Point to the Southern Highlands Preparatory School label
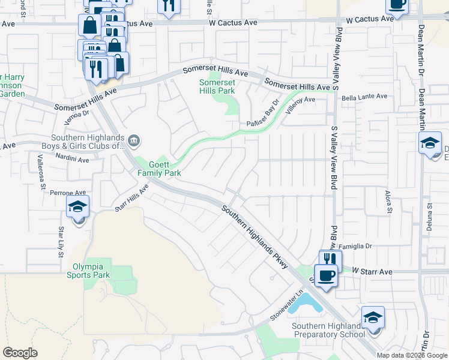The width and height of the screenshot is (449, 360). coord(328,330)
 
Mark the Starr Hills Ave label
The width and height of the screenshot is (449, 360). coord(131,199)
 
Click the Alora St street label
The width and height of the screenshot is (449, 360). coord(388,202)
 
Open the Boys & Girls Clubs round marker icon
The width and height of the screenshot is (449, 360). coord(134,142)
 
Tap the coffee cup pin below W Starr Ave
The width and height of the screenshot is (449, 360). coord(326,276)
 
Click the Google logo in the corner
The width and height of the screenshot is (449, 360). coord(20,353)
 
